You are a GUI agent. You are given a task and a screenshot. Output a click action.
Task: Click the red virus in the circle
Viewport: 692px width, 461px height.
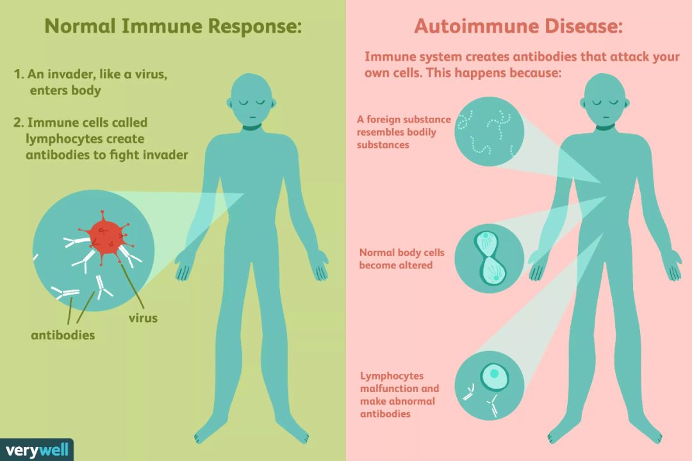(106, 238)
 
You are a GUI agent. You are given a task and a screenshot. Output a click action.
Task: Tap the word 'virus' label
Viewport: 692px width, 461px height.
(143, 318)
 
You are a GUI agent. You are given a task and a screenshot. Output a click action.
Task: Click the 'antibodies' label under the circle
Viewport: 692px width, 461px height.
(63, 336)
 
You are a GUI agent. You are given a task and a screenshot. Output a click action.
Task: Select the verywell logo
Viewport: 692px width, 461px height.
(37, 450)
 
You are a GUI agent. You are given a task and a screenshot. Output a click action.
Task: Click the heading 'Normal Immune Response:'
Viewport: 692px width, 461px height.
(173, 26)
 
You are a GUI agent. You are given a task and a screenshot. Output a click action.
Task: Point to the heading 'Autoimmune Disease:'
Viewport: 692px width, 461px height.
(518, 26)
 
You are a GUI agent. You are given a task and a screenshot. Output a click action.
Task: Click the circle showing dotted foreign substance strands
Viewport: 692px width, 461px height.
(489, 131)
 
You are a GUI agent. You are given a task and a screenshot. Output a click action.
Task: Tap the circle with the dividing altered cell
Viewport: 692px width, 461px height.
(489, 259)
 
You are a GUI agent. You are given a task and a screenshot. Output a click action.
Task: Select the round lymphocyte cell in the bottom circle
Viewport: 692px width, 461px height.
(494, 377)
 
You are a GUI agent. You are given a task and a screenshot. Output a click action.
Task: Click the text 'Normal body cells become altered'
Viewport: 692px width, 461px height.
(402, 259)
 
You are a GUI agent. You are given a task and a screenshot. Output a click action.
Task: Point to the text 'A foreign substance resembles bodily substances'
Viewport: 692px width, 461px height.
(404, 132)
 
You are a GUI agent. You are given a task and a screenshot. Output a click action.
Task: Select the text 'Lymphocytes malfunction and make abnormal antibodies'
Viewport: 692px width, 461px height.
(399, 395)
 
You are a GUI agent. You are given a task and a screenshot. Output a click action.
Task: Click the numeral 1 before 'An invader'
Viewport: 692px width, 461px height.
(17, 74)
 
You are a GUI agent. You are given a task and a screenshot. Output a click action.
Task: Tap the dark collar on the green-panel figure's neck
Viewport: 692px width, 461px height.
(252, 127)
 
